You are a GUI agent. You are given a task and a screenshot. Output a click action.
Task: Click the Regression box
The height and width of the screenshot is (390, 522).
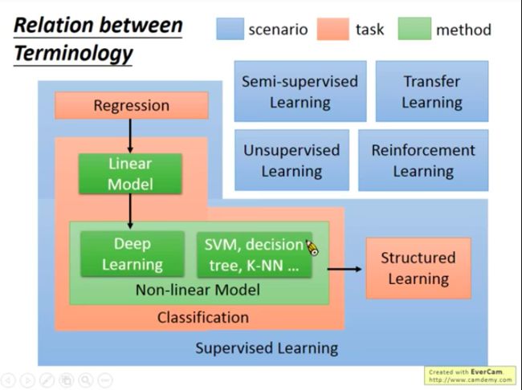pos(132,105)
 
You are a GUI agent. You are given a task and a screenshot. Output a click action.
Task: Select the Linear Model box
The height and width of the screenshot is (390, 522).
pos(130,173)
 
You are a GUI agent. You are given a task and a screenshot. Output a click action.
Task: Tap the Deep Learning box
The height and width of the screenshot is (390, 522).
pos(133,254)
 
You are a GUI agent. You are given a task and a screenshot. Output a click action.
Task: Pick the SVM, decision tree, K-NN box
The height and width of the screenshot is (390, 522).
pos(255,254)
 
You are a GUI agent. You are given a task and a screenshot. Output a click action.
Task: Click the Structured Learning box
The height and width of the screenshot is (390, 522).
pos(418,268)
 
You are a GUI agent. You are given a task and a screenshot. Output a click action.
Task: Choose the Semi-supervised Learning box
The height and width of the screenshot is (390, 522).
pos(300,91)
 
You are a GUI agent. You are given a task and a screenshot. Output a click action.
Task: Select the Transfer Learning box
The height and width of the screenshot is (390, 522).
pos(432,91)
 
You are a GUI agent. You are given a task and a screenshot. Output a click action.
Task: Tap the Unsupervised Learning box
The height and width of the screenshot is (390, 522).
pos(292,160)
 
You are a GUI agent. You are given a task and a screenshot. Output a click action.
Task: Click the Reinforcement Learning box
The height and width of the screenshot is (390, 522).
pos(423,160)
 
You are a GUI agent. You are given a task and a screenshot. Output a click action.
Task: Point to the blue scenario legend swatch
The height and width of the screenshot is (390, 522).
pos(230,29)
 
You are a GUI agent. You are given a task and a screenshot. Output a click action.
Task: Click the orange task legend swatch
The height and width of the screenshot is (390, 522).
pos(333,29)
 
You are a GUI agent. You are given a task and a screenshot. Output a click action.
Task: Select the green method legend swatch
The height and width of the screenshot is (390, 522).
pos(414,29)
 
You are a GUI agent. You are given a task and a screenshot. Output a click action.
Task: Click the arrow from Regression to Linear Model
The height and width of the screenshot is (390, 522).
pos(130,136)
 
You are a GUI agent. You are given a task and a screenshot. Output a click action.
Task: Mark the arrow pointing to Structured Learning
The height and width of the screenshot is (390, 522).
pos(345,269)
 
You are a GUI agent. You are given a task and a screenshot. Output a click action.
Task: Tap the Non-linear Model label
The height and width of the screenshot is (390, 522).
pos(198,290)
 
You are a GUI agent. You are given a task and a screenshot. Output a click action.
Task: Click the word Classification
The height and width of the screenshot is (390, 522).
pos(203,317)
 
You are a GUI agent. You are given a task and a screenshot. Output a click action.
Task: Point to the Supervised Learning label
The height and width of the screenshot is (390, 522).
pos(267,348)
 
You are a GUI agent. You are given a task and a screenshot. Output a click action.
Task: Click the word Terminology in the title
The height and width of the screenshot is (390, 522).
pos(73,54)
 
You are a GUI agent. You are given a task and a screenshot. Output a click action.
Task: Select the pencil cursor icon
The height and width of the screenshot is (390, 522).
pos(312,248)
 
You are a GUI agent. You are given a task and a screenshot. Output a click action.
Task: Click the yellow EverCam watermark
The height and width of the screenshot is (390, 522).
pos(470,376)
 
